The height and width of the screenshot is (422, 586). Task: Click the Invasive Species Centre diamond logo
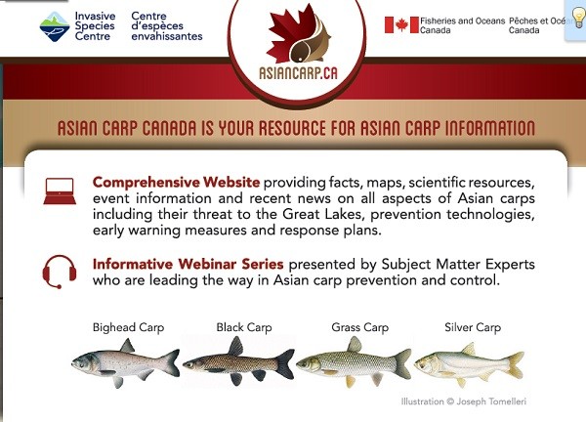pyautogui.click(x=55, y=26)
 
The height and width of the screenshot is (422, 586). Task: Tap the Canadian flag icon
pyautogui.click(x=401, y=25)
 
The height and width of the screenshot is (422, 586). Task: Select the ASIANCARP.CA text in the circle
pyautogui.click(x=298, y=73)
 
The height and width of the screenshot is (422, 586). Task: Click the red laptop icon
pyautogui.click(x=60, y=191)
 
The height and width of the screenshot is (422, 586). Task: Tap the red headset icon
pyautogui.click(x=60, y=272)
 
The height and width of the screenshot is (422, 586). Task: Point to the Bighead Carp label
pyautogui.click(x=128, y=327)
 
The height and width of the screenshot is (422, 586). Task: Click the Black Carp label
pyautogui.click(x=243, y=327)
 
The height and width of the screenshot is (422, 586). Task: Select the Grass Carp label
pyautogui.click(x=359, y=327)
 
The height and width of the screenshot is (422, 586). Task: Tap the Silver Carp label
pyautogui.click(x=473, y=327)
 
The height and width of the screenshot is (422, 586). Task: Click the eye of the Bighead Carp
pyautogui.click(x=80, y=361)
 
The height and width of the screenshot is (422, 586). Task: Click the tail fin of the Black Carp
pyautogui.click(x=285, y=364)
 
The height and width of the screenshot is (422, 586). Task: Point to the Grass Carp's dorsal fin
pyautogui.click(x=355, y=344)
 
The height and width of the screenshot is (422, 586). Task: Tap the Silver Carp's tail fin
pyautogui.click(x=516, y=365)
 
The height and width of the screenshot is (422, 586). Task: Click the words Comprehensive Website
pyautogui.click(x=176, y=183)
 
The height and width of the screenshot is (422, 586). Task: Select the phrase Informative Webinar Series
pyautogui.click(x=188, y=264)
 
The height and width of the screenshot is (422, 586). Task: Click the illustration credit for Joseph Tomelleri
pyautogui.click(x=463, y=401)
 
